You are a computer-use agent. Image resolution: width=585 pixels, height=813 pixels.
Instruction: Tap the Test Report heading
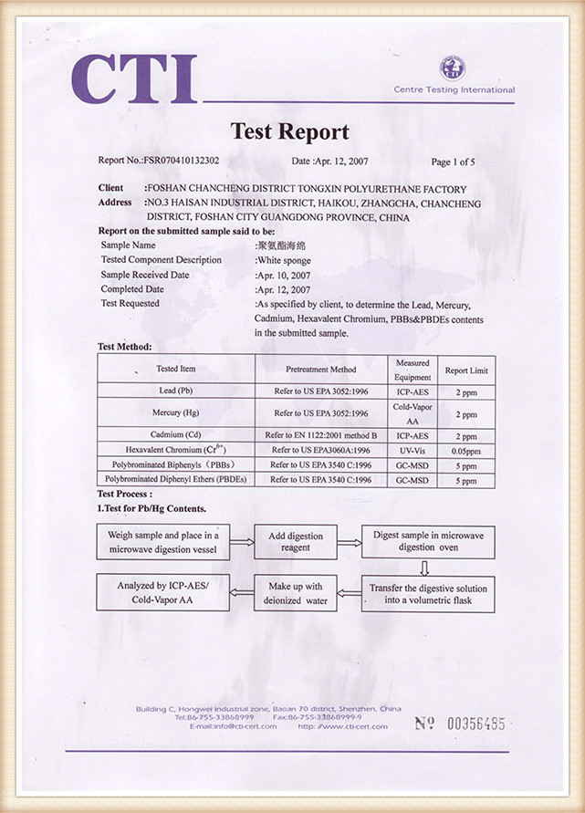[289, 131]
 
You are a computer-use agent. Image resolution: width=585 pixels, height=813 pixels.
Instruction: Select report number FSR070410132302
[181, 161]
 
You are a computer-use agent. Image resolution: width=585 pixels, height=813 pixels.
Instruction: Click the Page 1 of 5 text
[453, 162]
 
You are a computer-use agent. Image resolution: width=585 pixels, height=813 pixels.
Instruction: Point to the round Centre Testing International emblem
[452, 68]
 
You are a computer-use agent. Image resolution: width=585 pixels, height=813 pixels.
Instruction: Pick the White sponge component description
[284, 260]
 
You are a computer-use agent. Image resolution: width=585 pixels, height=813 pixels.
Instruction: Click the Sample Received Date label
[145, 275]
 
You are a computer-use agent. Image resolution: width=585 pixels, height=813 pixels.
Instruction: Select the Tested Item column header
[175, 370]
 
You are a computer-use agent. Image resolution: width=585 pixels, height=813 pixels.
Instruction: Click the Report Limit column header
[466, 370]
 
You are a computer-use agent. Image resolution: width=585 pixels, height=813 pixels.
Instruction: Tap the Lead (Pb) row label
[175, 391]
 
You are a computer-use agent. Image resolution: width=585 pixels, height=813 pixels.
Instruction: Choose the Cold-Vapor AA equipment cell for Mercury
[413, 412]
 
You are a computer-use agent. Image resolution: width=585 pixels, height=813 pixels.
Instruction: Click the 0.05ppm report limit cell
[466, 451]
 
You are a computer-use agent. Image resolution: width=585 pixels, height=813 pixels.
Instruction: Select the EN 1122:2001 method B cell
[320, 435]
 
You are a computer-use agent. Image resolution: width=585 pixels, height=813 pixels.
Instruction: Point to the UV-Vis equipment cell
[413, 450]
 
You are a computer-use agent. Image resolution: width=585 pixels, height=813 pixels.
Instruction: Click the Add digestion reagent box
[296, 542]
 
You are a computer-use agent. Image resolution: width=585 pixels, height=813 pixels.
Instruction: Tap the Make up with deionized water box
[296, 593]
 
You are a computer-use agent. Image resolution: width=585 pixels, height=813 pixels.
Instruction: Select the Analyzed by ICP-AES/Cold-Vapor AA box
[163, 593]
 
